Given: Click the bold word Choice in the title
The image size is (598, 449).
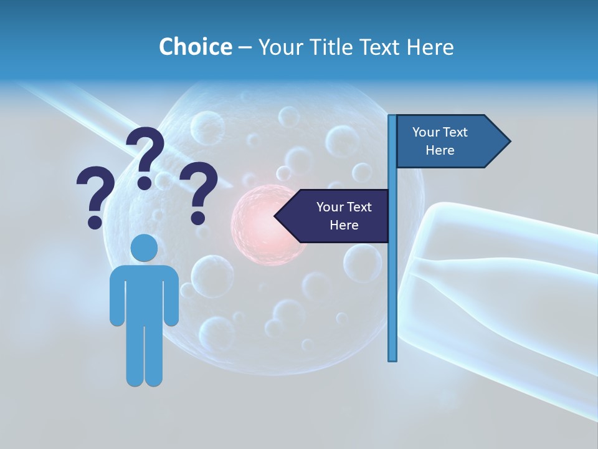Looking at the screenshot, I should tap(195, 47).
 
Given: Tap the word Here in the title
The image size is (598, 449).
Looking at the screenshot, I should tap(430, 47).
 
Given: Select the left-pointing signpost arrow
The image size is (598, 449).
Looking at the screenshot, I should tap(336, 216).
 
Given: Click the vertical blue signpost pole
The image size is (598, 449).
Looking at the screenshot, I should tap(392, 281).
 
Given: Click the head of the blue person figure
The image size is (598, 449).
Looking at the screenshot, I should tap(144, 248).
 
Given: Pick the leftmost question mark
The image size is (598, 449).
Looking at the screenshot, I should tap(95, 190).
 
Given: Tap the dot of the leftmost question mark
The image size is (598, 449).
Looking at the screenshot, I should tap(95, 221).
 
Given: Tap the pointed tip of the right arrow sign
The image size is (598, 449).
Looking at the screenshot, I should tap(508, 142).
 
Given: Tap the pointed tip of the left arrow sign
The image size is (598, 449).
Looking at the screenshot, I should tap(277, 216).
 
